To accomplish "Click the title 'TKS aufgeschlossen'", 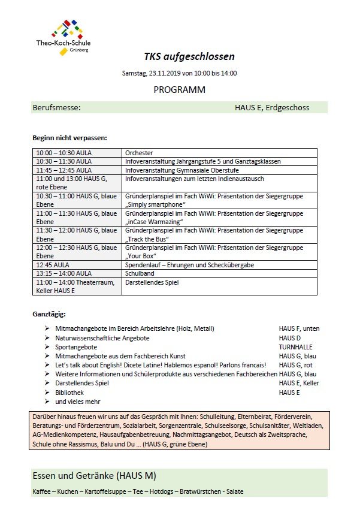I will coord(189,57).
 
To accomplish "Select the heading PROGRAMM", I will coord(179,90).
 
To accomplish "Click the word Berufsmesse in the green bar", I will coord(56,108).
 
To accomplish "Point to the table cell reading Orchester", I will coord(139,153).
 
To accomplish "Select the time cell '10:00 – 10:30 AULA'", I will coord(64,153).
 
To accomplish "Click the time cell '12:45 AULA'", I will coord(53,264).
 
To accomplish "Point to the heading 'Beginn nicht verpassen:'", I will coord(69,138).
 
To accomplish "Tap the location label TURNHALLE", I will coord(295,347).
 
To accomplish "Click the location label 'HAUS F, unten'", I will coord(299,328).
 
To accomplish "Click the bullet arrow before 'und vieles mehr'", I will coord(46,402).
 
